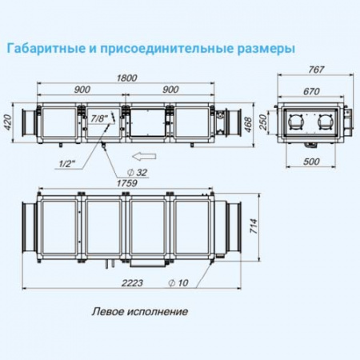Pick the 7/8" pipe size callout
coord(100,118)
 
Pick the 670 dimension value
coord(313,90)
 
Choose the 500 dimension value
coord(313,162)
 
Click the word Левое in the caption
coord(106,311)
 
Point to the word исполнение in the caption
coord(157,311)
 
